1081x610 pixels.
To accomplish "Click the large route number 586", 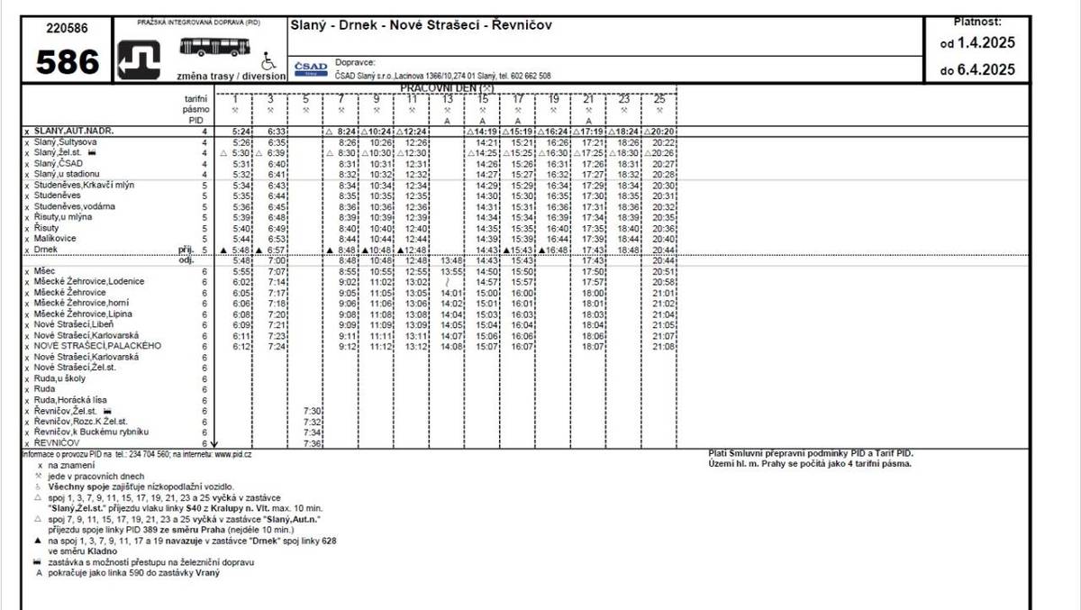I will (68, 61).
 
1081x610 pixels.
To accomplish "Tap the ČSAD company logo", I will (311, 68).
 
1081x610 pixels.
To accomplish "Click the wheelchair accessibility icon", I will (267, 63).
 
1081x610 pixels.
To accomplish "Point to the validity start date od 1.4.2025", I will (977, 42).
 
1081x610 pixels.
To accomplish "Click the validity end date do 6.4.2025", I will (977, 69).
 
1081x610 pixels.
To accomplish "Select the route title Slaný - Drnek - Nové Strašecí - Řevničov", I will (421, 25).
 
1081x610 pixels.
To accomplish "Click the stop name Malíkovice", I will (55, 239).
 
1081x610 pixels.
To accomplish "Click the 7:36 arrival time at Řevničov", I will (312, 443).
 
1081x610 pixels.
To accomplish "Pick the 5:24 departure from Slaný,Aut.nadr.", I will (241, 132).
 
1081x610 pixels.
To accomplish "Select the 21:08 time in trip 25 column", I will (664, 346).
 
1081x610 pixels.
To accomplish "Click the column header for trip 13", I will (448, 98).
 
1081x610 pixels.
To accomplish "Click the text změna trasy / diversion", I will (232, 77).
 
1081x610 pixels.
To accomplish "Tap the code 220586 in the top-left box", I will (68, 27).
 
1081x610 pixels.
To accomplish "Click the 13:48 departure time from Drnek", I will (452, 260).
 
